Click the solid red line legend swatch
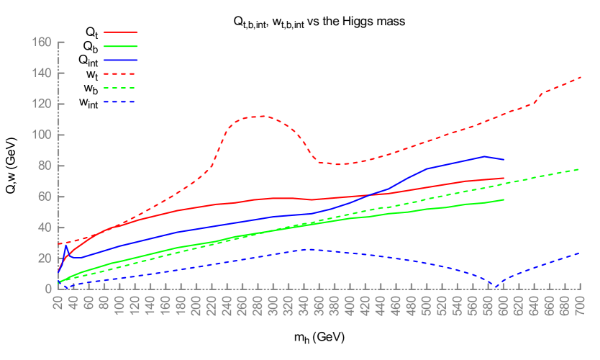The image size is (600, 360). click(120, 32)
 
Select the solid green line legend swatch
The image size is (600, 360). click(120, 46)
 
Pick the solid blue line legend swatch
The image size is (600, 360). click(120, 60)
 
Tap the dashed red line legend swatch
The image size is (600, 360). click(120, 73)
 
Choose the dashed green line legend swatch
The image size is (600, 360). click(120, 88)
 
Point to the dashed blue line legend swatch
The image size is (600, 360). click(120, 102)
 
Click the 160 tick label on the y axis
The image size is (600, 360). click(42, 42)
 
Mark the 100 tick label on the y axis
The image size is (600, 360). click(42, 135)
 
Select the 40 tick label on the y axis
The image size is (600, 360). click(45, 228)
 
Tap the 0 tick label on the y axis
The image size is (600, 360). click(48, 289)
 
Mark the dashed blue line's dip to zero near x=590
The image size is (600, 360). click(495, 287)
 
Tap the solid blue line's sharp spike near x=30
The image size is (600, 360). click(66, 245)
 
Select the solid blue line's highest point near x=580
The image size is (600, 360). click(484, 156)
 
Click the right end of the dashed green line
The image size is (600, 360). click(581, 169)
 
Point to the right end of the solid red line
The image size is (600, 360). click(504, 178)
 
